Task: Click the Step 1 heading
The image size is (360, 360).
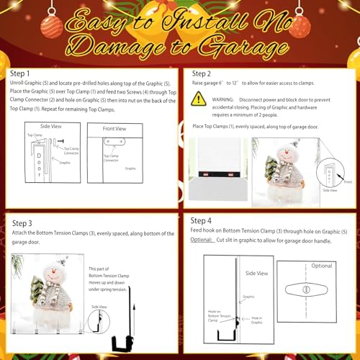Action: [x=20, y=73]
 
